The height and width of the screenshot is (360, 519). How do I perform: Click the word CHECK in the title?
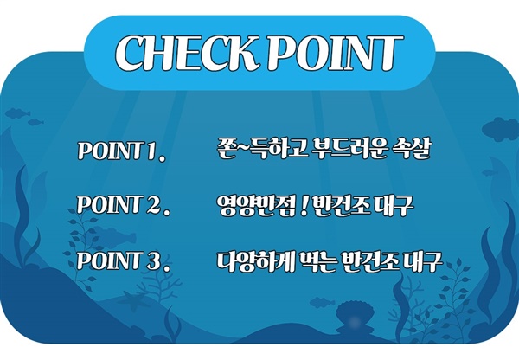[x=187, y=53]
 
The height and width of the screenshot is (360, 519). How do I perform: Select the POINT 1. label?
[x=121, y=151]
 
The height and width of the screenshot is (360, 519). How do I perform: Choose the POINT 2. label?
[x=123, y=205]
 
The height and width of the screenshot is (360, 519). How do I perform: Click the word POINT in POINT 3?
[x=108, y=261]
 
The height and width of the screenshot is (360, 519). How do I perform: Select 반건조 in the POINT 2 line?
[x=341, y=206]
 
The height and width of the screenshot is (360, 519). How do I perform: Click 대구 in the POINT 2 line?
[x=394, y=206]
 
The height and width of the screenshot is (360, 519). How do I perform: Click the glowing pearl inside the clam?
[x=355, y=320]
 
